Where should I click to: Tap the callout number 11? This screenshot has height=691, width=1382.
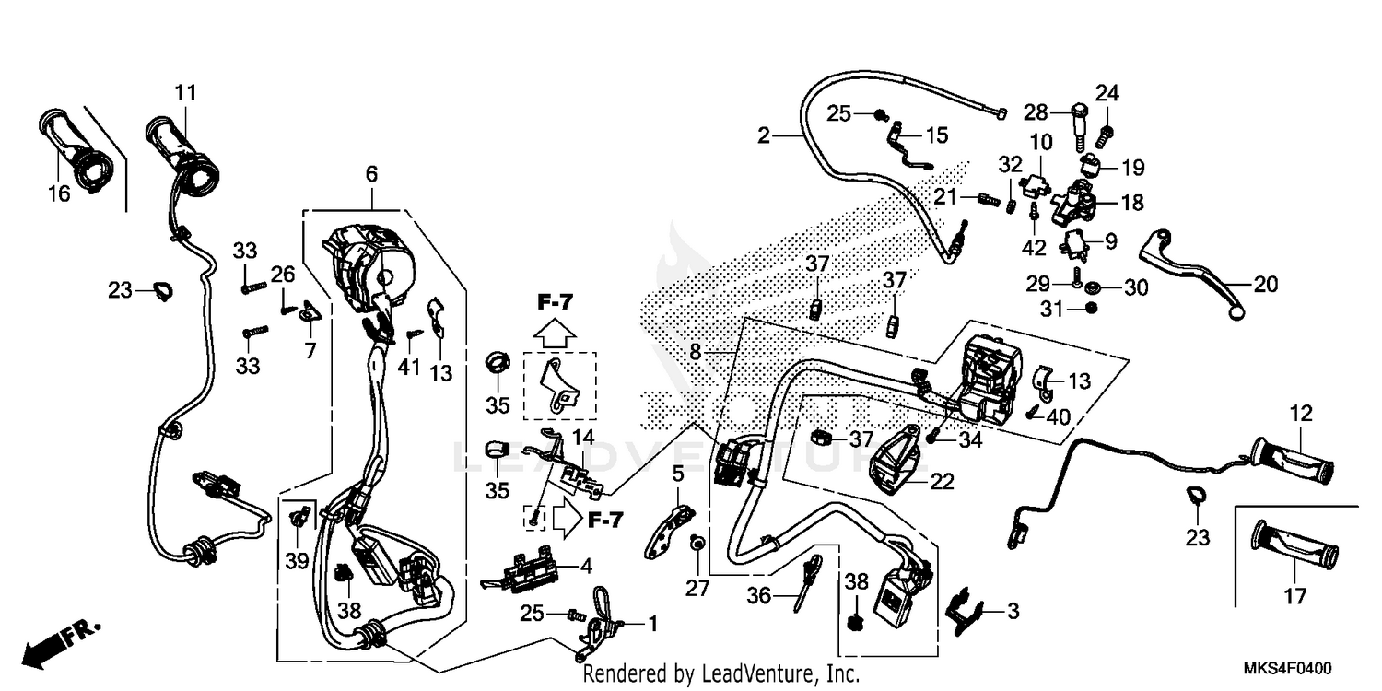[x=185, y=92]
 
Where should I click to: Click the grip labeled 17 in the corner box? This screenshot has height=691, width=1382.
[x=1294, y=550]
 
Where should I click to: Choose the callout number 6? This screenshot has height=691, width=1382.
[x=371, y=173]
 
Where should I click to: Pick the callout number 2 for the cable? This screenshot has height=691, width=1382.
[x=763, y=136]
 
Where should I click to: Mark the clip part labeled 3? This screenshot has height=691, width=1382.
[x=964, y=609]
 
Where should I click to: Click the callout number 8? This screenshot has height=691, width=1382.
[x=695, y=352]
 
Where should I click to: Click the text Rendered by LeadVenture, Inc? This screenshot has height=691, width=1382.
[x=720, y=673]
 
